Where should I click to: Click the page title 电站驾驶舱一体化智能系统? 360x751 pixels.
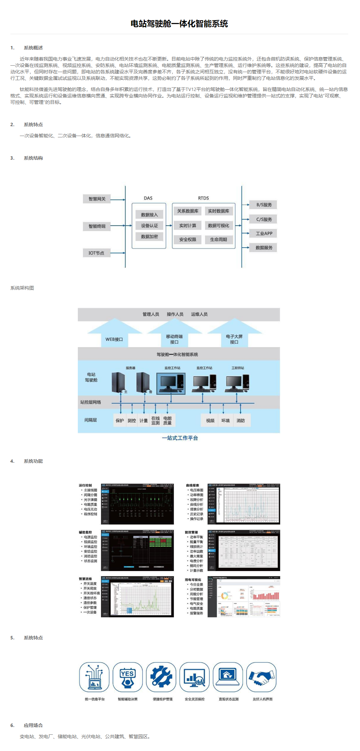pyautogui.click(x=179, y=24)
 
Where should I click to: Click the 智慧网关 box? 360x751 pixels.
pyautogui.click(x=97, y=199)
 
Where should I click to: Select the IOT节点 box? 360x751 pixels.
pyautogui.click(x=96, y=253)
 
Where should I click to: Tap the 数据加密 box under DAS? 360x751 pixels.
pyautogui.click(x=149, y=236)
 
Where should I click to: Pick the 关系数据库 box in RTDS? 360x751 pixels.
pyautogui.click(x=188, y=211)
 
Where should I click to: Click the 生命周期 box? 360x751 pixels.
pyautogui.click(x=219, y=240)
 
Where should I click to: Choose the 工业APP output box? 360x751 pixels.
pyautogui.click(x=264, y=233)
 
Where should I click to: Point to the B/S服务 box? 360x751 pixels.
pyautogui.click(x=264, y=205)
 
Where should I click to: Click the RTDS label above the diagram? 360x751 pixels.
pyautogui.click(x=203, y=198)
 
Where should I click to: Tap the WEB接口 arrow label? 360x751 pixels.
pyautogui.click(x=114, y=339)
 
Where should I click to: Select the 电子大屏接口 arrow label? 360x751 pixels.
pyautogui.click(x=234, y=339)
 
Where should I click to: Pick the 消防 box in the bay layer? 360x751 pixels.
pyautogui.click(x=241, y=420)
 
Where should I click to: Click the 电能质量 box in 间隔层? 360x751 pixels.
pyautogui.click(x=167, y=420)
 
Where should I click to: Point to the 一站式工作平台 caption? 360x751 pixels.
pyautogui.click(x=180, y=438)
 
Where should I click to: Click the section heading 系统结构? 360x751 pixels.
pyautogui.click(x=33, y=158)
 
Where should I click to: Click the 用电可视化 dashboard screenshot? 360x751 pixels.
pyautogui.click(x=244, y=597)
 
